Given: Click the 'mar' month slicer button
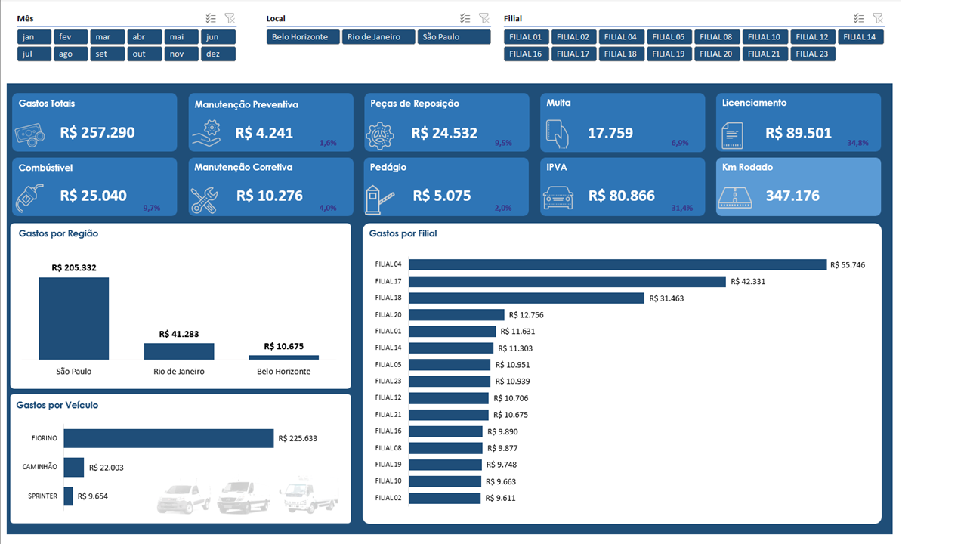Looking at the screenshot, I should coord(107,37).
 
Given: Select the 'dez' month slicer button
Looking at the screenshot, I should coord(218,54).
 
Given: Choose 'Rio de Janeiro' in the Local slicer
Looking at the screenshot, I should coord(378,37).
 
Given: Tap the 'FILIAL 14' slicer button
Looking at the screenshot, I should coord(860,37).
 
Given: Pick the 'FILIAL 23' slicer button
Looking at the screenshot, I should coord(812,54).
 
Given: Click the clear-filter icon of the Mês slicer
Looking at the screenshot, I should coord(230,18).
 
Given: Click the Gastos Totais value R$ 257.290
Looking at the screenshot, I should coord(97,132).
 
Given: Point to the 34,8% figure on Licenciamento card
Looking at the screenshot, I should coord(857,142).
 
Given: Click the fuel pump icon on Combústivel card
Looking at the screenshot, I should coord(29,198).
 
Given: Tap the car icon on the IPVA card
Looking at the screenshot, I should coord(558,198).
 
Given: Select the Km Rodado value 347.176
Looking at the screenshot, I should coord(792,196).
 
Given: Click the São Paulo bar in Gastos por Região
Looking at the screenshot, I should coord(74,318).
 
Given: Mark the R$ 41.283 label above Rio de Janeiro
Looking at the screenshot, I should coord(179,334).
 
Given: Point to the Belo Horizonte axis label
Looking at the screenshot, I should coord(283,372).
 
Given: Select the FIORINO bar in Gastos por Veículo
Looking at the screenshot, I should coord(168,438).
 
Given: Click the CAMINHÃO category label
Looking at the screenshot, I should coord(39,467).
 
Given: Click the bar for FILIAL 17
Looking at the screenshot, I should coord(567,281).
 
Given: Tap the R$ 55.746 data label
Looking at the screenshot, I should coord(848,265).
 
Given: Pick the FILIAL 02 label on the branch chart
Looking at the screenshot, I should coord(388,498).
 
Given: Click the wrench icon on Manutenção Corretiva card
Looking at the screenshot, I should coord(204,199).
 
